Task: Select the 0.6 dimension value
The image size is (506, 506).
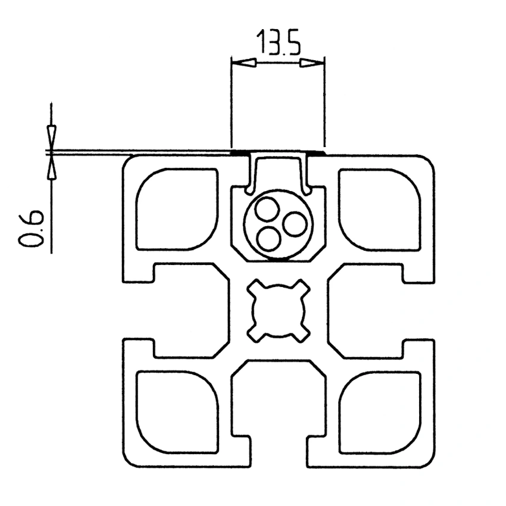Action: click(x=30, y=228)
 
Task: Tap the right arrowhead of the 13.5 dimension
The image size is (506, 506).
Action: click(x=313, y=63)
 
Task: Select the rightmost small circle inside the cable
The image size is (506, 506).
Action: click(x=295, y=224)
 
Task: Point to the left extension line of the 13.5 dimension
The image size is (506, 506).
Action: click(x=231, y=104)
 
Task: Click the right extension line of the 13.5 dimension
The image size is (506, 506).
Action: click(x=325, y=104)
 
